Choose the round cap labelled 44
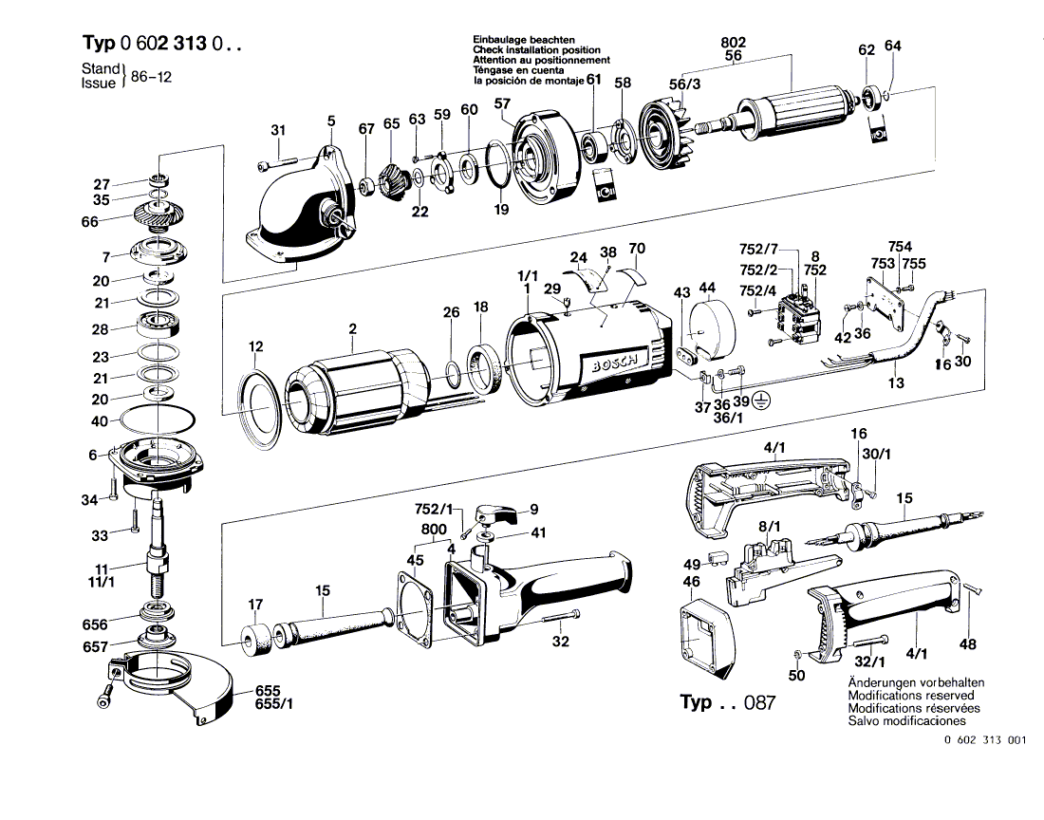(x=705, y=328)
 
